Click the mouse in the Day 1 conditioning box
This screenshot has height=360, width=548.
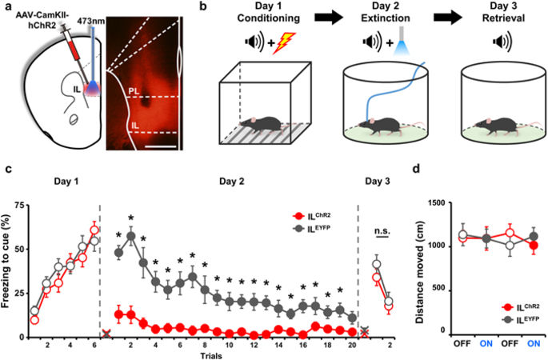[263, 125]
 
